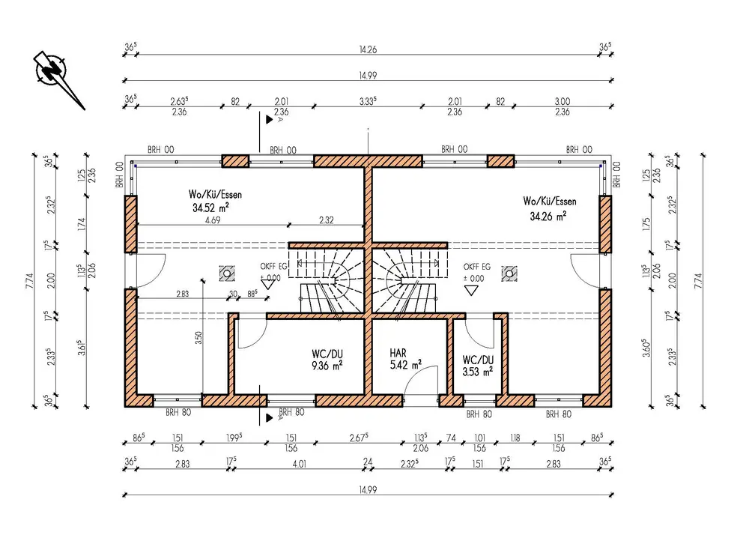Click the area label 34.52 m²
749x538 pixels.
coord(210,207)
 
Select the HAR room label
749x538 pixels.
coord(398,352)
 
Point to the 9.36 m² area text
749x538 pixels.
coord(327,366)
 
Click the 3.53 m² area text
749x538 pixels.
coord(477,370)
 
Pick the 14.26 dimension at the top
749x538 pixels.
coord(367,51)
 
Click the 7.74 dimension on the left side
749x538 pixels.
coord(28,280)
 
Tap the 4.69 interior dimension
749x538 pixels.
coord(212,221)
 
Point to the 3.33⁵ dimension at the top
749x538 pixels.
coord(367,101)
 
